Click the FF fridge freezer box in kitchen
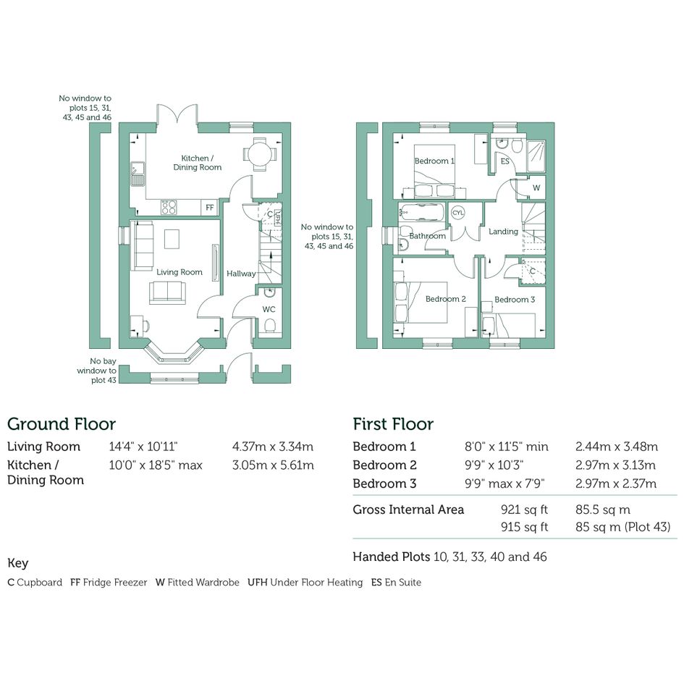click(210, 207)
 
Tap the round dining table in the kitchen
click(260, 153)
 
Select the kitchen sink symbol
click(138, 174)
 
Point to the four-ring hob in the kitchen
click(169, 207)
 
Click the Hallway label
click(241, 274)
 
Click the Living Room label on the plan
click(180, 272)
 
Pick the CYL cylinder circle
click(457, 213)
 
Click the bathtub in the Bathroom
click(421, 213)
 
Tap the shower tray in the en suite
click(536, 156)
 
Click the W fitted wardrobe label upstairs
click(536, 188)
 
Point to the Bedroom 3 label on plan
click(515, 300)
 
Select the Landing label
click(503, 232)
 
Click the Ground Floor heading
click(62, 424)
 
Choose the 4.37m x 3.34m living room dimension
click(273, 447)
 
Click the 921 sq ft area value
click(524, 510)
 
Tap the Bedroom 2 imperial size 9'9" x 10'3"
click(494, 465)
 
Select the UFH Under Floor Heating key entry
click(305, 583)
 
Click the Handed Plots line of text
click(449, 557)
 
